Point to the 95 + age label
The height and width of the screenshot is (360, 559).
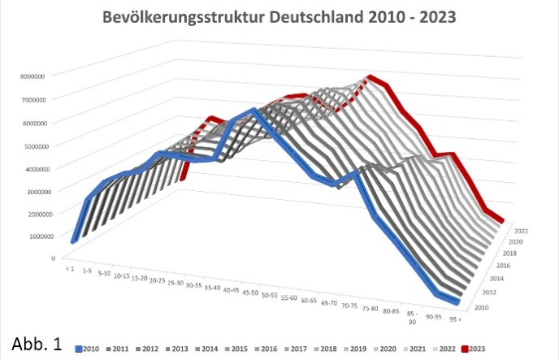[462, 311]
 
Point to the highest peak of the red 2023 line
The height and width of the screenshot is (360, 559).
[370, 78]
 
